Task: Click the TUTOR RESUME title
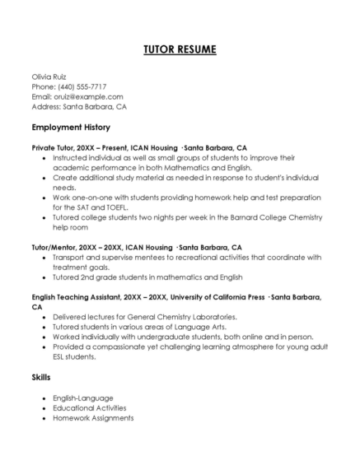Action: coord(180,50)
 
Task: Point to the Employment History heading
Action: coord(70,128)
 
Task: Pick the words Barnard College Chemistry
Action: coord(253,216)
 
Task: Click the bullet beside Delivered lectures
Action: coord(43,317)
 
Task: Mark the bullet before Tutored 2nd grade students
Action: coord(43,277)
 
